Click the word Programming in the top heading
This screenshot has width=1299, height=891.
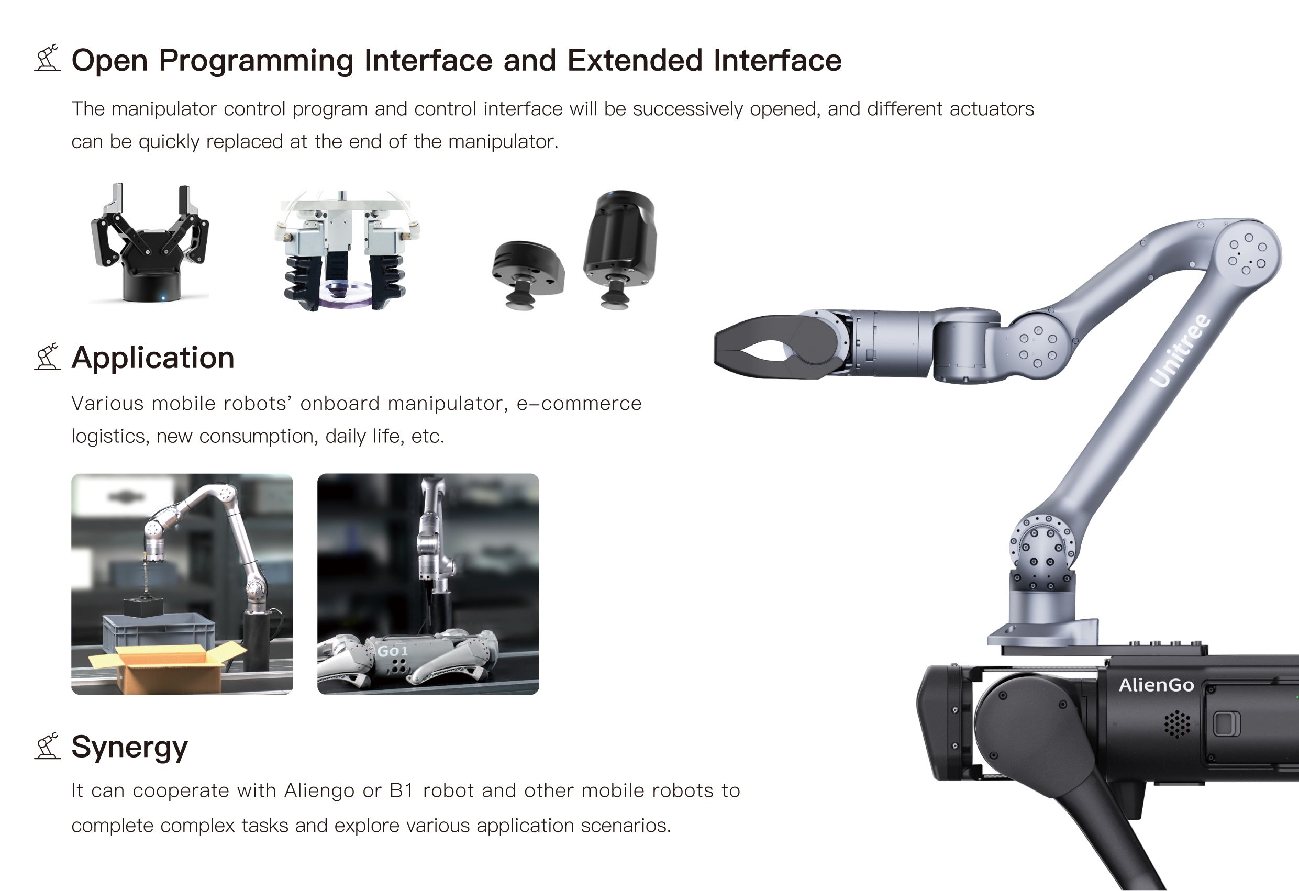[256, 61]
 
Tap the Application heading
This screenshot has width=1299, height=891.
[152, 358]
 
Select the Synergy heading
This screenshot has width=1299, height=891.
[130, 748]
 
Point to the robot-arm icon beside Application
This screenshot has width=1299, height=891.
[48, 357]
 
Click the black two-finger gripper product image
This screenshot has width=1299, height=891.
[150, 242]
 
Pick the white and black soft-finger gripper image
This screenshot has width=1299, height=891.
[347, 251]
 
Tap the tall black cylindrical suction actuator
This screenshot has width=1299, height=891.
[620, 249]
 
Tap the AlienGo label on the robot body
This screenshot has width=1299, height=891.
[1156, 685]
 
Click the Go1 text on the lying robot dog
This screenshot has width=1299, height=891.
[392, 651]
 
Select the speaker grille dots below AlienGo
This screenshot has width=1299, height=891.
[1177, 724]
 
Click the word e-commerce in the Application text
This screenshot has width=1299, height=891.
[579, 404]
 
